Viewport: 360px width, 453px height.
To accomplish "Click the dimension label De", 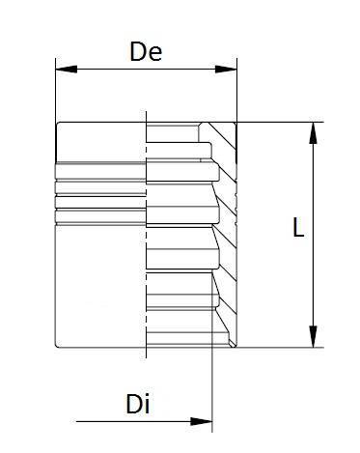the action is (x=145, y=52).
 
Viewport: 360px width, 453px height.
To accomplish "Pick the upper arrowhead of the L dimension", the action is (x=313, y=129).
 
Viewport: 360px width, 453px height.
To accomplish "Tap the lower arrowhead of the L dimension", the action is (x=313, y=339).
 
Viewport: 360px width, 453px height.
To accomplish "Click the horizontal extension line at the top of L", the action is (x=280, y=121).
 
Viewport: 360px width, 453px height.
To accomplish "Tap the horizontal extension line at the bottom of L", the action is (x=280, y=348).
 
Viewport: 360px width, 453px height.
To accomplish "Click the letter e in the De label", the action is (x=154, y=54).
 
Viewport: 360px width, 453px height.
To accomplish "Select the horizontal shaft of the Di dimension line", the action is (x=135, y=420).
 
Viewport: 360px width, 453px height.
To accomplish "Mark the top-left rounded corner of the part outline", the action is (x=58, y=124).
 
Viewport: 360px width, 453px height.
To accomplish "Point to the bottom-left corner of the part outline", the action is (x=57, y=345).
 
